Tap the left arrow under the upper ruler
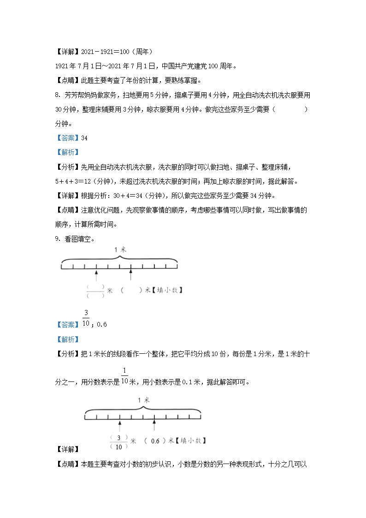point(96,275)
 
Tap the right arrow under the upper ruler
point(131,275)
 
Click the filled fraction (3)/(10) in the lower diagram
point(119,442)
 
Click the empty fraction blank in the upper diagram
point(95,291)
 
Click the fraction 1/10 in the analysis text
point(124,377)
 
